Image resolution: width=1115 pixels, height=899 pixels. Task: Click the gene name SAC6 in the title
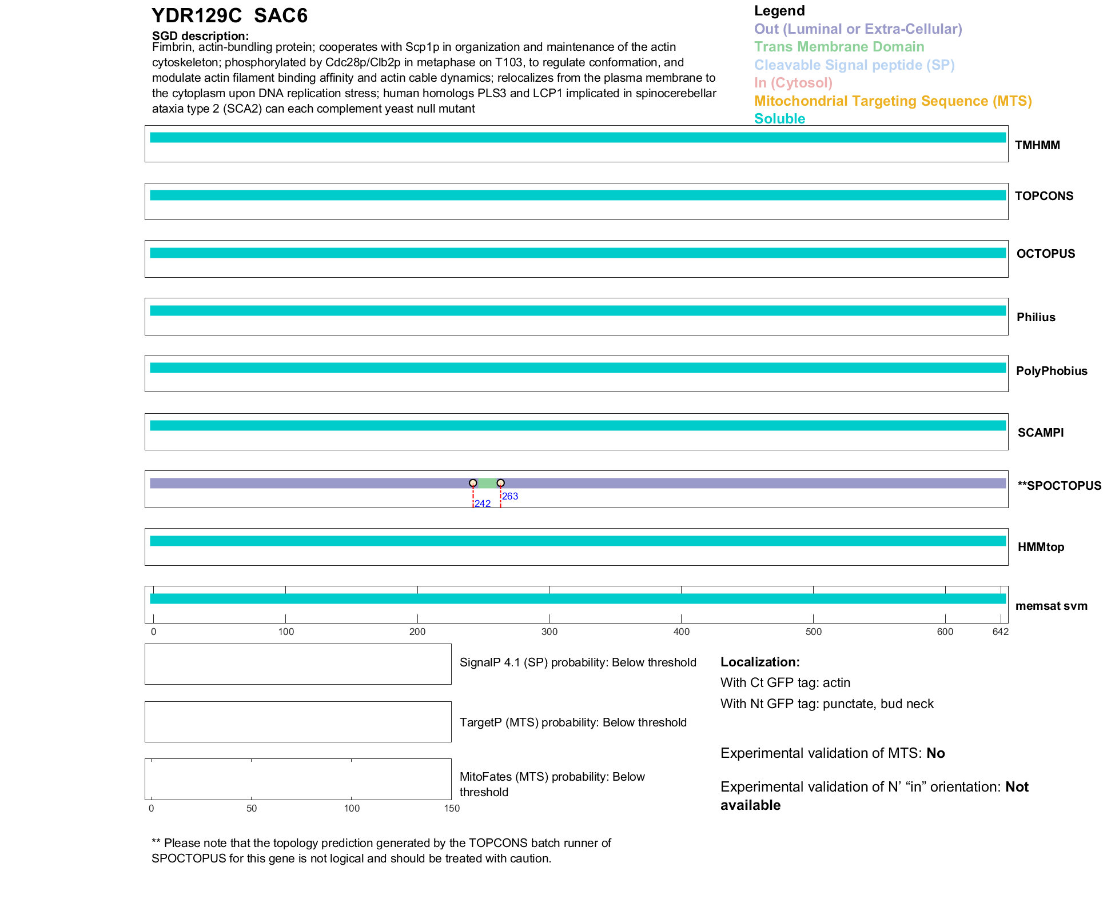tap(281, 16)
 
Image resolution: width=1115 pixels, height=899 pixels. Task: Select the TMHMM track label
tap(1037, 145)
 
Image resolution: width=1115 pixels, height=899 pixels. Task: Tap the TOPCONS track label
tap(1044, 196)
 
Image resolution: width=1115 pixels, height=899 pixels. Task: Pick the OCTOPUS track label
tap(1045, 254)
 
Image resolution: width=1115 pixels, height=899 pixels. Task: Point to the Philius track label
tap(1036, 317)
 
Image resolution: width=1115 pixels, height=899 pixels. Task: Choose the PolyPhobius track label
tap(1051, 371)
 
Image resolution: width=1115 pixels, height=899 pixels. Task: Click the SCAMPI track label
tap(1040, 433)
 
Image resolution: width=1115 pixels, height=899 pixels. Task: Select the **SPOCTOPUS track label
tap(1059, 486)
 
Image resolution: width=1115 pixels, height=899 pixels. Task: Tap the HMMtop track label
tap(1041, 547)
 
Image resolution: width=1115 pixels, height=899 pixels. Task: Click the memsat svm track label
tap(1051, 606)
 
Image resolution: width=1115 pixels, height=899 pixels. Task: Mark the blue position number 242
tap(483, 504)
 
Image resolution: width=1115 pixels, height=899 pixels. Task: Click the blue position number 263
tap(510, 496)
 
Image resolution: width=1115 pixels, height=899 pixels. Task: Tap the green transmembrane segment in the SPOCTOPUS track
tap(487, 483)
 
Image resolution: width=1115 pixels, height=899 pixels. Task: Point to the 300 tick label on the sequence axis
tap(549, 632)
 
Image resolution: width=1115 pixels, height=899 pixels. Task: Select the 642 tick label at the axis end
tap(1000, 632)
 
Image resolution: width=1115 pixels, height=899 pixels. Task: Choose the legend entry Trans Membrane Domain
tap(839, 47)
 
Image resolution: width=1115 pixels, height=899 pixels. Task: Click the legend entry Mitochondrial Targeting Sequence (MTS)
tap(893, 101)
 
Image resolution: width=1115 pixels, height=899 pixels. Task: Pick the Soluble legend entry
tap(779, 119)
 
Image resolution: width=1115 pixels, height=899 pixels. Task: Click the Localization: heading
tap(760, 662)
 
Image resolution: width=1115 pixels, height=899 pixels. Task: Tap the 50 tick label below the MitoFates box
tap(252, 808)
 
